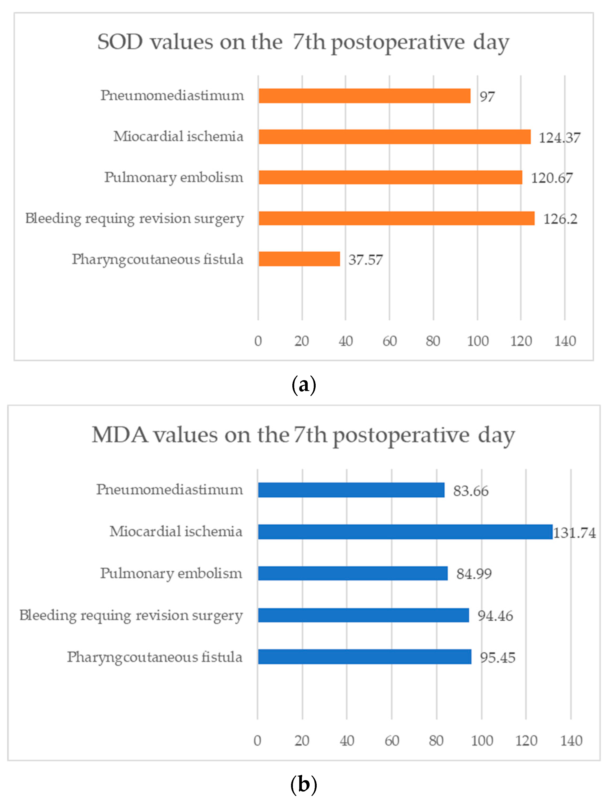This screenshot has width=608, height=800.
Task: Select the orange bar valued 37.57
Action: pyautogui.click(x=299, y=259)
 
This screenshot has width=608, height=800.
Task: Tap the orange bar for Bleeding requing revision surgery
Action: pyautogui.click(x=396, y=218)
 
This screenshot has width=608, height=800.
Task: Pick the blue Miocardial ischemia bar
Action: pyautogui.click(x=405, y=532)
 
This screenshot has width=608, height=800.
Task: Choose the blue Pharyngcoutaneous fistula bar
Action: pyautogui.click(x=365, y=657)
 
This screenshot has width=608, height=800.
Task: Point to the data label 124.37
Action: pyautogui.click(x=559, y=138)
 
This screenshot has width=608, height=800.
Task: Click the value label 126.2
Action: pyautogui.click(x=560, y=219)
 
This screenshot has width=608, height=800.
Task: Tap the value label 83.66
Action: pyautogui.click(x=471, y=491)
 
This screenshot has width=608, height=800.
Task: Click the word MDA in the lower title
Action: pyautogui.click(x=120, y=435)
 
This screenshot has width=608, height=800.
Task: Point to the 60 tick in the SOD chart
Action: pyautogui.click(x=389, y=341)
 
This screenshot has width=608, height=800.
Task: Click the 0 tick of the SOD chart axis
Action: pyautogui.click(x=258, y=341)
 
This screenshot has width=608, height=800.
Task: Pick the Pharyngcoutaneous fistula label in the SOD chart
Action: pyautogui.click(x=158, y=259)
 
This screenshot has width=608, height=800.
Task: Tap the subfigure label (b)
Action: pyautogui.click(x=304, y=784)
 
